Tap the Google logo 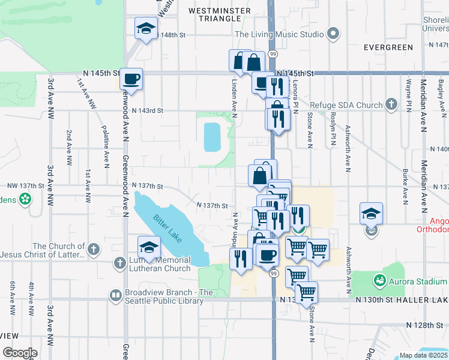[20, 353]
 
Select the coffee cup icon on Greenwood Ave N [131, 79]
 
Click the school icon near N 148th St [146, 29]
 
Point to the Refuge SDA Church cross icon [391, 105]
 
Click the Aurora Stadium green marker [379, 281]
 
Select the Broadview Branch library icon [115, 295]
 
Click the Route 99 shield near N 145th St [273, 54]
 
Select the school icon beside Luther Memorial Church [149, 247]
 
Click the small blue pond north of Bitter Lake [212, 137]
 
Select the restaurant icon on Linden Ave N [240, 259]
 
